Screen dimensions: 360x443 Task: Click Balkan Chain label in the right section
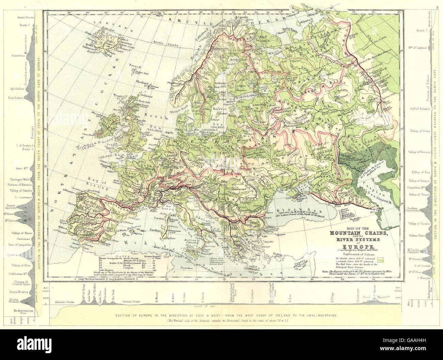(417, 235)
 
